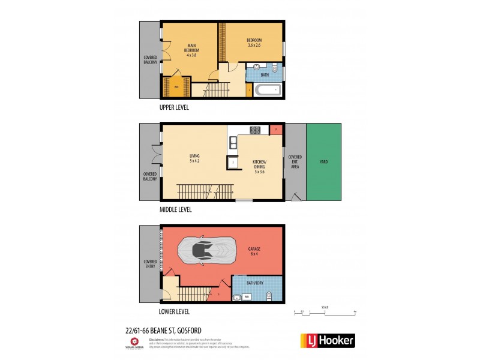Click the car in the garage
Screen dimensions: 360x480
(x=209, y=251)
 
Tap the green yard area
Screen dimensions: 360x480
(x=323, y=162)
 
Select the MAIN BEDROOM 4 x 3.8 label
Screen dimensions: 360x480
(x=191, y=49)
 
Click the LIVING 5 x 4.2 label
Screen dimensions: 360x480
(x=194, y=158)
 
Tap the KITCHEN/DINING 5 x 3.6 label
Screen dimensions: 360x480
(x=259, y=166)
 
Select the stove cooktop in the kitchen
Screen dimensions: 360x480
(x=254, y=129)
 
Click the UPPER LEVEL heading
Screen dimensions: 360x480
(x=174, y=108)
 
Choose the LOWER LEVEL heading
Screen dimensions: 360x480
(x=174, y=312)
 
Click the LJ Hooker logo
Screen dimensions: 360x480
(x=327, y=340)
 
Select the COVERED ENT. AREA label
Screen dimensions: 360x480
(x=295, y=162)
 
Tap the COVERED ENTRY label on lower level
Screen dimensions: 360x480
(x=149, y=264)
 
